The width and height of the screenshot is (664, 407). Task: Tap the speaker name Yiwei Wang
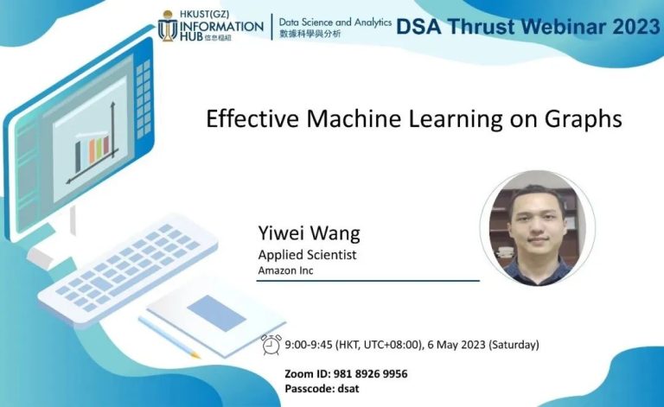[309, 234]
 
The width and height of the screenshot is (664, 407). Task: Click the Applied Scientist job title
[307, 255]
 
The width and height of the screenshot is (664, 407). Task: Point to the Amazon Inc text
[285, 271]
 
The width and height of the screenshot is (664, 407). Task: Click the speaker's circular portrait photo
[537, 227]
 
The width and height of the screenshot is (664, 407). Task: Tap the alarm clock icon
[271, 344]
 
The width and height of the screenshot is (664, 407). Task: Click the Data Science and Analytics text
[335, 21]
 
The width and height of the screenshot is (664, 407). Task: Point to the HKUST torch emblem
[168, 28]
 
